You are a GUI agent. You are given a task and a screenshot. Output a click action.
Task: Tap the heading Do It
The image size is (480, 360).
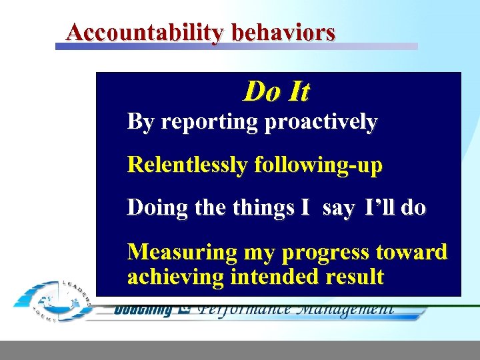276,91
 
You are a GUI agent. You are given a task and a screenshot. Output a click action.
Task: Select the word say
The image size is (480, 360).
338,208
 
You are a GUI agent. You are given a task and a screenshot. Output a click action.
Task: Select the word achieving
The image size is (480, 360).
175,277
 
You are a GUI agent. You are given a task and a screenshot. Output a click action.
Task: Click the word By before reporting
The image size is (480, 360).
140,123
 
